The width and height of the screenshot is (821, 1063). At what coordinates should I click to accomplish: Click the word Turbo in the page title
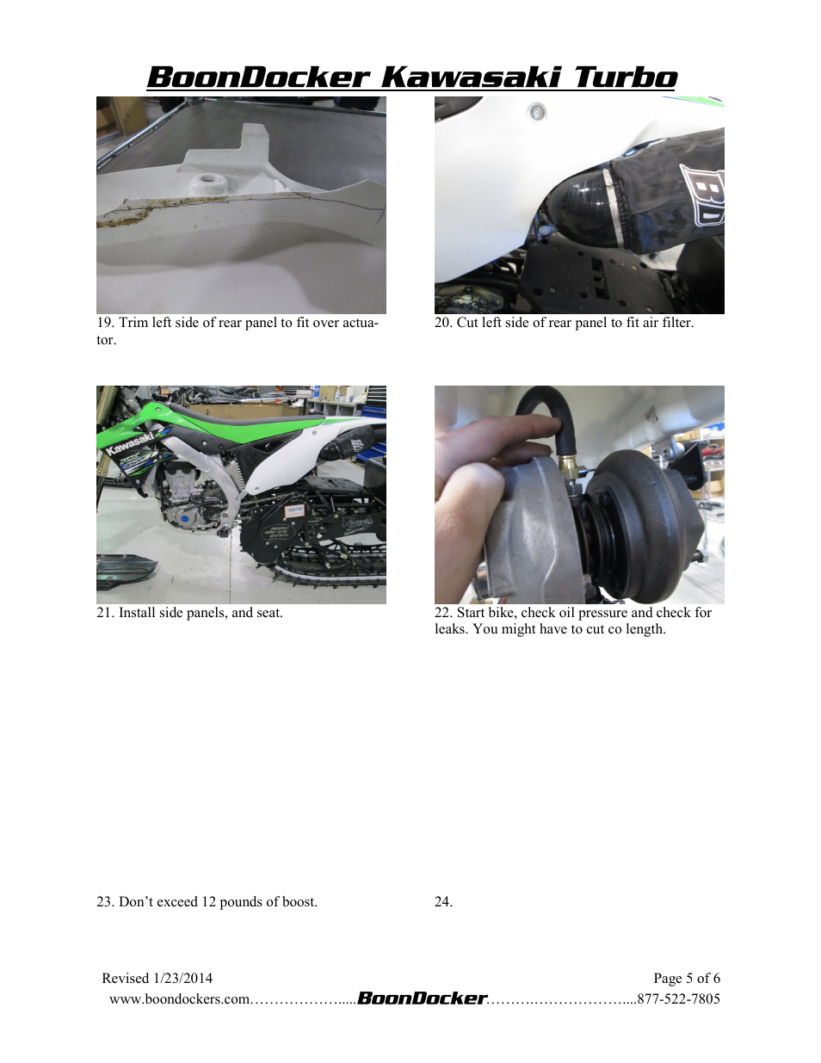click(626, 77)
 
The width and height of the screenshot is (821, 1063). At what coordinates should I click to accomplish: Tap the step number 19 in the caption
click(105, 323)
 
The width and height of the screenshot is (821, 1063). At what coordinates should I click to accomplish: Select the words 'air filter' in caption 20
click(667, 323)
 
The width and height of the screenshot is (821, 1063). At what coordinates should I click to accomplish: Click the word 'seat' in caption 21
click(268, 613)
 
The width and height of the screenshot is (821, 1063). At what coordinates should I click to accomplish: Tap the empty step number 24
click(443, 902)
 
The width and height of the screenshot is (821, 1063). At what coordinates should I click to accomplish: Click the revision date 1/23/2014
click(183, 979)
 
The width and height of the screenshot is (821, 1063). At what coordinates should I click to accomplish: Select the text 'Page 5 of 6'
click(686, 979)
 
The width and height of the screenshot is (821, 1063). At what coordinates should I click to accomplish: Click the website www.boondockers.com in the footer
click(179, 999)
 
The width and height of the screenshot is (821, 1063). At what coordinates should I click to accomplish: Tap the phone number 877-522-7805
click(678, 999)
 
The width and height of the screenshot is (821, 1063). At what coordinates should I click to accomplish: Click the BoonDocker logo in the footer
click(422, 998)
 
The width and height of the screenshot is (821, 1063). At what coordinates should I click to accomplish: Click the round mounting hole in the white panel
click(207, 182)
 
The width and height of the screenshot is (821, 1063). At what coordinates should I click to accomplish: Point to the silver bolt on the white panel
click(537, 111)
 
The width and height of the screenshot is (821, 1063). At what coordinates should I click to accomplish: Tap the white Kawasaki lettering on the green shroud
click(129, 443)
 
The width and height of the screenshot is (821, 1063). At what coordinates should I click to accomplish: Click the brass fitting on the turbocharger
click(568, 466)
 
